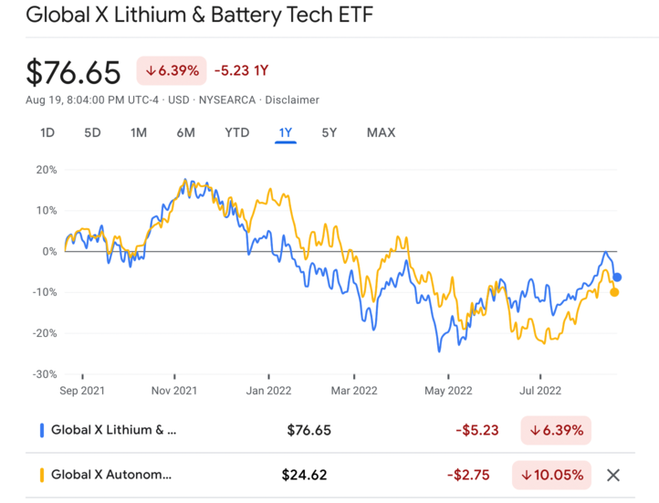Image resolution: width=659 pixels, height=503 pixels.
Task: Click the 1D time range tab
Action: click(x=47, y=132)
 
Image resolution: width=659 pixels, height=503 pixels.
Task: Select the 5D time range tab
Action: click(x=92, y=132)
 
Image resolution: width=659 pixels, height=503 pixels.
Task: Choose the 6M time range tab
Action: click(x=185, y=132)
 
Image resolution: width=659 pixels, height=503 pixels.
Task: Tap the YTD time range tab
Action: click(x=236, y=132)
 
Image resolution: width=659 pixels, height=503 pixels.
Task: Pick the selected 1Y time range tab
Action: click(x=286, y=132)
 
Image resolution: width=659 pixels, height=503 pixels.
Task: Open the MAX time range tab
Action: click(x=381, y=132)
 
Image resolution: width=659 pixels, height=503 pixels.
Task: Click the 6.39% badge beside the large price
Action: click(x=171, y=70)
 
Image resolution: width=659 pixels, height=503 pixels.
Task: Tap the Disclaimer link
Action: click(x=292, y=100)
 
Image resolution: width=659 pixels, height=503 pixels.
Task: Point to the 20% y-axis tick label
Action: click(x=46, y=170)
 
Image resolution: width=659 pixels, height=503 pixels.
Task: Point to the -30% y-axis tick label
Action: click(x=44, y=374)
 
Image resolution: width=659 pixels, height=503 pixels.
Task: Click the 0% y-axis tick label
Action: click(x=48, y=251)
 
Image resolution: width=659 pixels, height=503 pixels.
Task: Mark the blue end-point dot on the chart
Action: click(x=617, y=277)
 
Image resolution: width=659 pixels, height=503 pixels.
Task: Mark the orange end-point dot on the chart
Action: click(x=614, y=292)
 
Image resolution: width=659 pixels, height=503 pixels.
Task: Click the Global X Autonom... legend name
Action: click(x=110, y=475)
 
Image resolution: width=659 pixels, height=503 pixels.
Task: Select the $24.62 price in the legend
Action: click(x=304, y=475)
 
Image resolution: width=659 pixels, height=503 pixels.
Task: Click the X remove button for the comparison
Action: click(x=613, y=475)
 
